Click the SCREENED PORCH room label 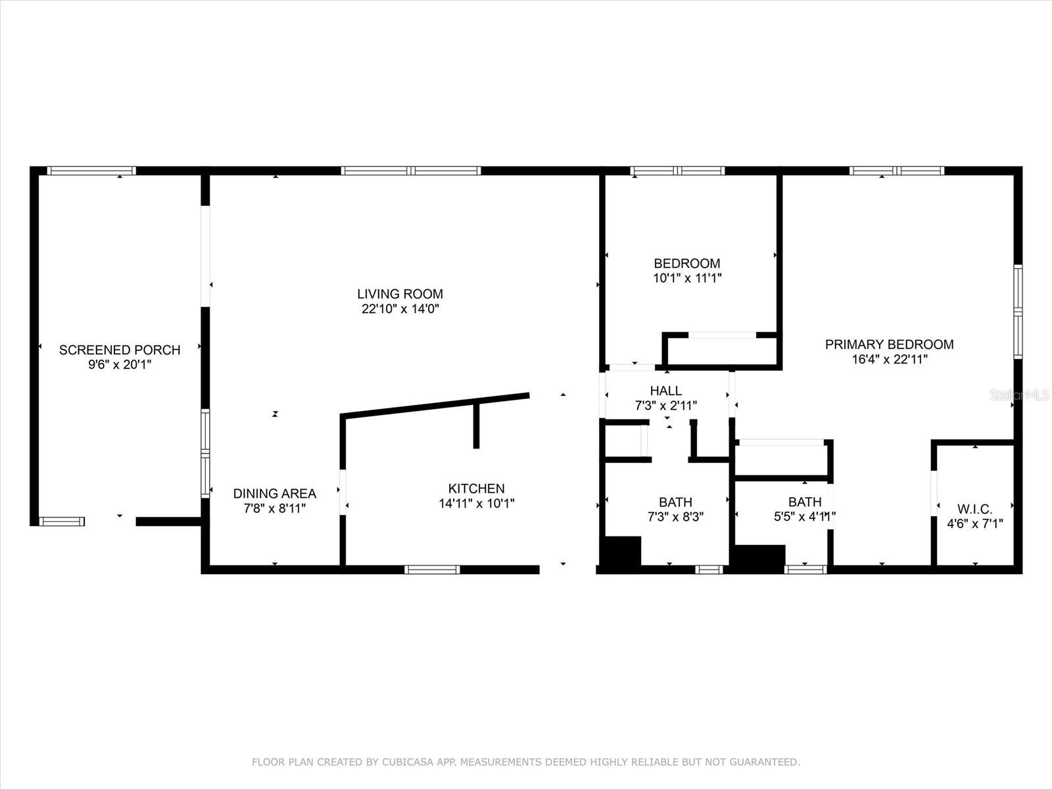click(120, 350)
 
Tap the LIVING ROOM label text click(400, 294)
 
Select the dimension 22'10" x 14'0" click(400, 308)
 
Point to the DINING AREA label click(275, 493)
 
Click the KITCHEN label click(477, 489)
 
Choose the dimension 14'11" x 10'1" click(477, 504)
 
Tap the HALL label click(665, 391)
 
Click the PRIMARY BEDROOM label click(889, 345)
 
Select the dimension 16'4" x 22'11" click(889, 359)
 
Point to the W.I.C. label click(975, 509)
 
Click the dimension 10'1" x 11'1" click(687, 278)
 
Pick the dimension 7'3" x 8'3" click(675, 517)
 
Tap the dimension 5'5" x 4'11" click(805, 516)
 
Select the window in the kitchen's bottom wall click(432, 569)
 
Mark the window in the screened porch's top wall click(91, 170)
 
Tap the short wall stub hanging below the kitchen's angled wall click(476, 425)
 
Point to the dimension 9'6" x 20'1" click(120, 364)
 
